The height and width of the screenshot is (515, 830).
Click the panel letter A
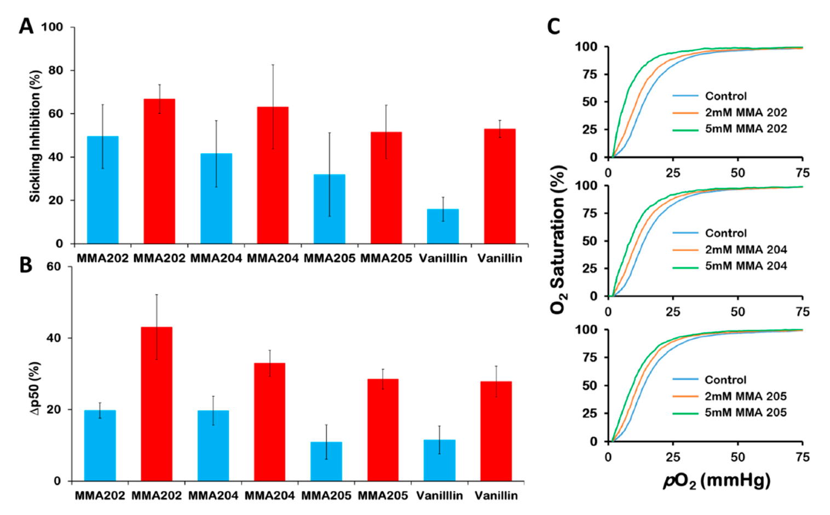click(26, 26)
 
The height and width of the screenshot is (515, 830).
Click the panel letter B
click(25, 265)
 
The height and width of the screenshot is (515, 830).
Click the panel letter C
click(554, 26)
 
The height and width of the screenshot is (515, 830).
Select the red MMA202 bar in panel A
click(159, 171)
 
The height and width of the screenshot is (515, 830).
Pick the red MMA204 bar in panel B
click(269, 421)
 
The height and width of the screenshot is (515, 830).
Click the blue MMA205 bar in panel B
click(326, 461)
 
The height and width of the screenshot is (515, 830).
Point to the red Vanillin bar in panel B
click(496, 431)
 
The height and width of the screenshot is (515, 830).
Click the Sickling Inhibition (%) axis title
click(35, 136)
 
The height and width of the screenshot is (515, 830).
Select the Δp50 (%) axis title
click(35, 387)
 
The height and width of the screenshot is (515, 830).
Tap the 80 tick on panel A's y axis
click(55, 70)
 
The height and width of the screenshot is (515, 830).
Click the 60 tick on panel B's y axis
click(54, 267)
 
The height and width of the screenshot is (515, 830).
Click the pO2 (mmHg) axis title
click(717, 481)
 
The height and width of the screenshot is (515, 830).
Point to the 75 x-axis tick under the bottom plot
click(802, 457)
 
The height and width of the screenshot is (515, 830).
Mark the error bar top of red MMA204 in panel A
click(273, 65)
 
